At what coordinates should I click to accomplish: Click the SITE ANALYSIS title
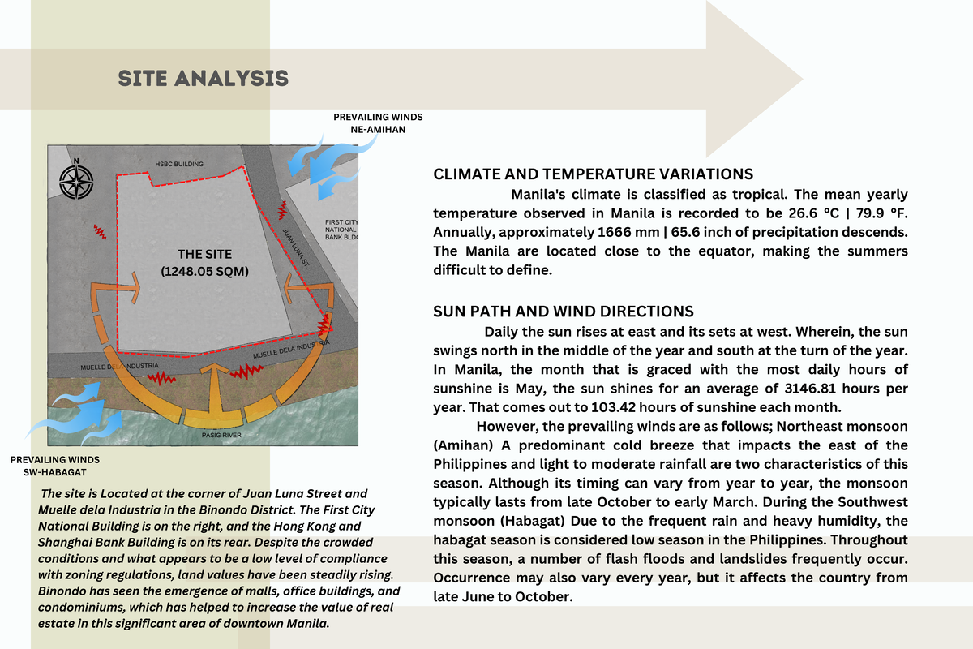click(204, 78)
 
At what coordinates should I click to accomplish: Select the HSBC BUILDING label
click(179, 164)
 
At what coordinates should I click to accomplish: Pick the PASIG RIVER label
click(220, 436)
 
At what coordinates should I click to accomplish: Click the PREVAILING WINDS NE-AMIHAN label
click(378, 122)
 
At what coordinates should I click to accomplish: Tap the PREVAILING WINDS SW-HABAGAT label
click(55, 466)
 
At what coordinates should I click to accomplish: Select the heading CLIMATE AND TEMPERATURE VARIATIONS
click(594, 174)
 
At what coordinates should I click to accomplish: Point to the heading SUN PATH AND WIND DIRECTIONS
click(564, 312)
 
